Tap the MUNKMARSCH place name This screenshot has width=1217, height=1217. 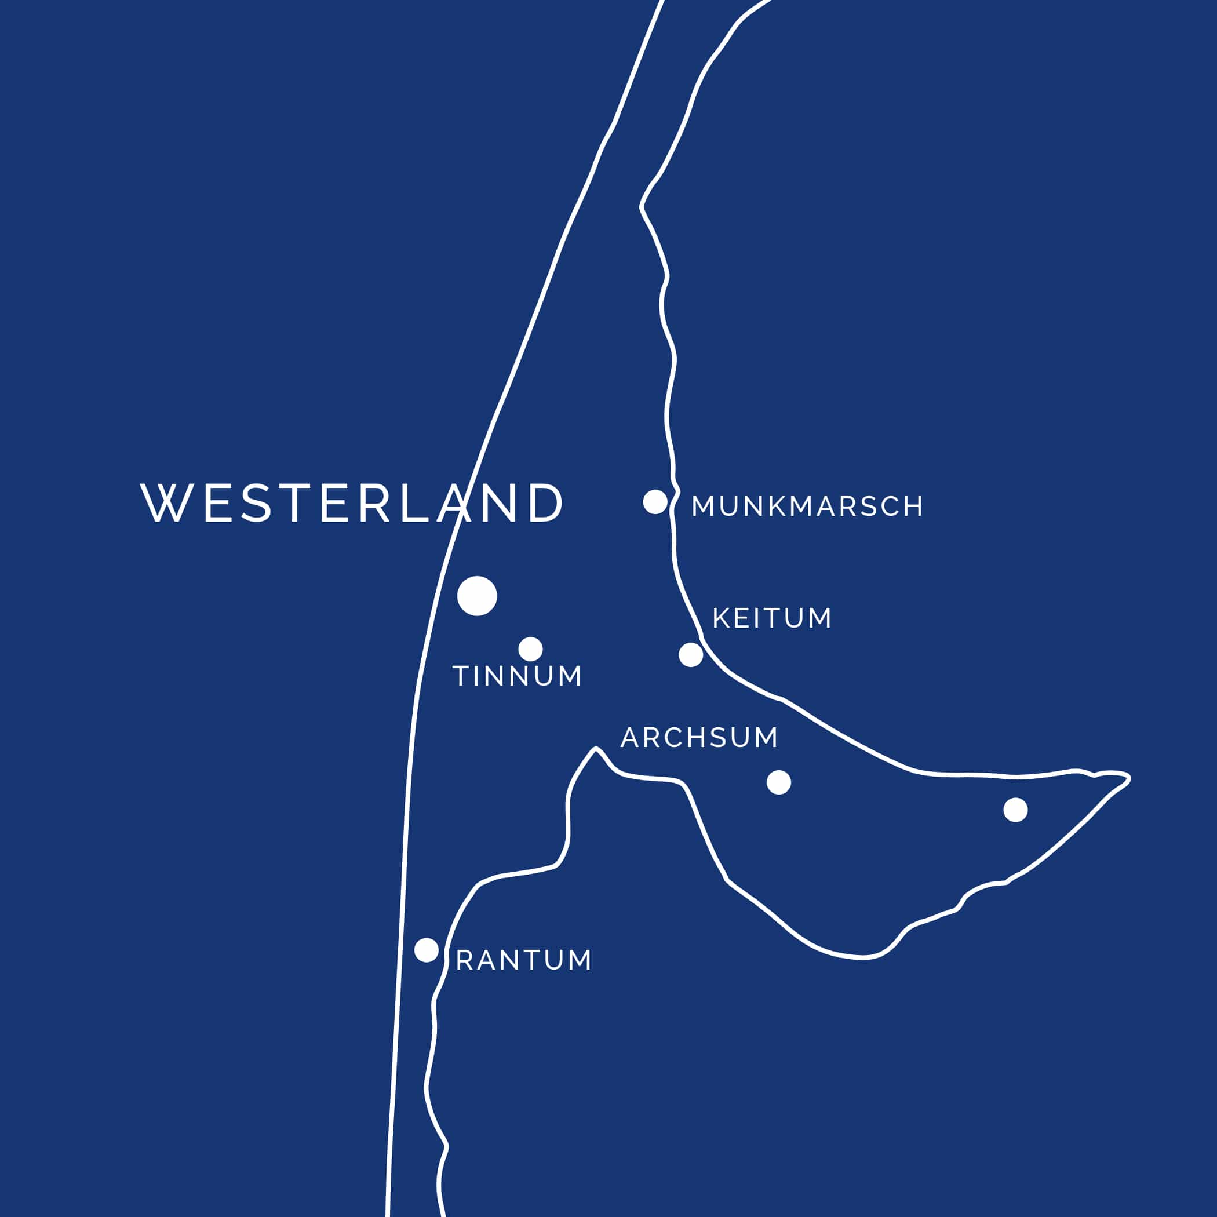[807, 507]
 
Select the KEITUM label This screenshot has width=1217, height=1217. [772, 618]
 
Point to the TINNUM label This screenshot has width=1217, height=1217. [517, 676]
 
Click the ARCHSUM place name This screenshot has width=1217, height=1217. [699, 738]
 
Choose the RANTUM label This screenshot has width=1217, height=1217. [523, 960]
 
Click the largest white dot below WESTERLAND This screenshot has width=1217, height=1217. [477, 595]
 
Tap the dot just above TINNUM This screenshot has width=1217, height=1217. [530, 649]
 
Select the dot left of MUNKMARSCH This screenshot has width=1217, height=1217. [655, 502]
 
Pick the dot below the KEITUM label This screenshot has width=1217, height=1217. [691, 655]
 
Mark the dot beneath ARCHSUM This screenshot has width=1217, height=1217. [778, 782]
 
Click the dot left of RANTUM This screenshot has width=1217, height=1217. [427, 950]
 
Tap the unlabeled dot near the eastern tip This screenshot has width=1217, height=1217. [1015, 810]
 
